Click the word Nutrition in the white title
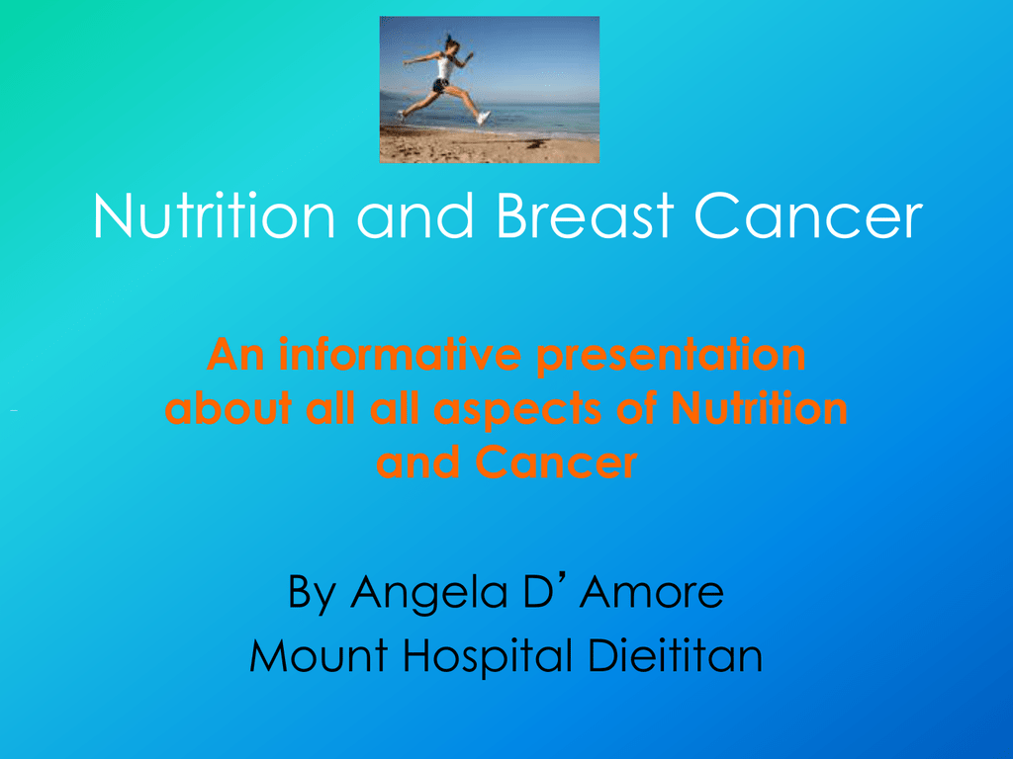(x=215, y=215)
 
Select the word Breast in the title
(x=586, y=215)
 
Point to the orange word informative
(x=400, y=355)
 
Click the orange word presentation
(x=672, y=356)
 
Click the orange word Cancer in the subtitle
(x=556, y=463)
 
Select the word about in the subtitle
(x=229, y=408)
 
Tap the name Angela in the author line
(x=429, y=593)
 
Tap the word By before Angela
(x=312, y=593)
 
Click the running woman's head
(x=452, y=43)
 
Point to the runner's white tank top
(x=444, y=66)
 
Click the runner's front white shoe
(x=483, y=118)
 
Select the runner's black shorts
(x=440, y=85)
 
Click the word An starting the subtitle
(x=235, y=355)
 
